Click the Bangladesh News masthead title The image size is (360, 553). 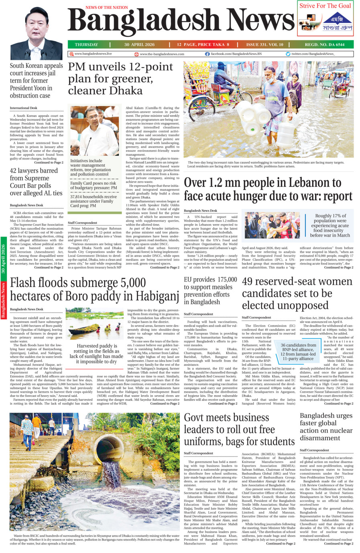[x=181, y=22]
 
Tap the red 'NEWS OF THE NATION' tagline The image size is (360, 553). [x=107, y=7]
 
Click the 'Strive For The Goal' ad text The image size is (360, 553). [x=325, y=6]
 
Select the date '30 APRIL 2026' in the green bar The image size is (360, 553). [x=139, y=45]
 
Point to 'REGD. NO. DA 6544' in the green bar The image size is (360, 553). [x=324, y=45]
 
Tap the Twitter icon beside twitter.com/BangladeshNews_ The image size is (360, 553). [x=288, y=54]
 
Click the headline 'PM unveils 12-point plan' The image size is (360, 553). [x=120, y=78]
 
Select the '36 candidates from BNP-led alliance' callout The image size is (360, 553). [x=298, y=352]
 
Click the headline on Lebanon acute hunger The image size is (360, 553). [x=268, y=189]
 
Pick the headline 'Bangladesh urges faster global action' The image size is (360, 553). [x=326, y=426]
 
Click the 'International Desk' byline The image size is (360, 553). [x=24, y=108]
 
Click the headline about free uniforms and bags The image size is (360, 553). [x=239, y=429]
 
